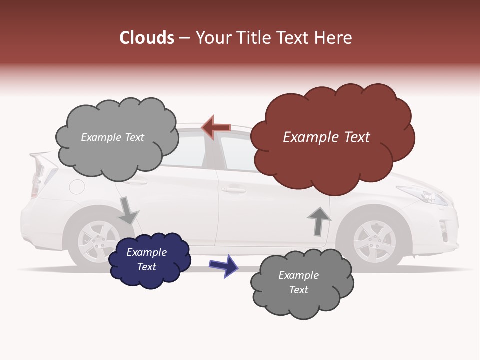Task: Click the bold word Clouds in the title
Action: [147, 38]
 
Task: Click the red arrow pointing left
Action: [216, 128]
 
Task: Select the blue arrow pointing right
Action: [224, 265]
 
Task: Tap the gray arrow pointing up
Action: [319, 220]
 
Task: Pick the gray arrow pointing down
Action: [128, 210]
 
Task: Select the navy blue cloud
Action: [149, 260]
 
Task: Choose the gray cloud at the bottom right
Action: [302, 283]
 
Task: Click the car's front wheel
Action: [374, 242]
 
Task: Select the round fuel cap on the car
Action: [77, 187]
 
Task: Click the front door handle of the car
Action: [233, 190]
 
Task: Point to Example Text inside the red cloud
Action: [326, 137]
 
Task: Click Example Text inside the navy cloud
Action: [147, 260]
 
